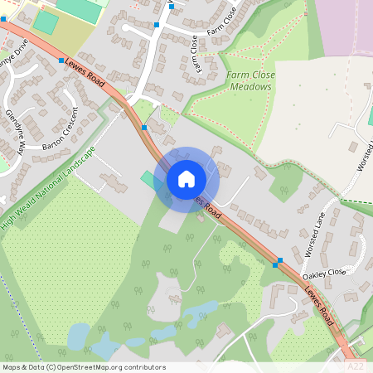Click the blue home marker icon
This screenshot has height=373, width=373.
(x=186, y=178)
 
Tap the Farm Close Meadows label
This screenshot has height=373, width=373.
(x=251, y=80)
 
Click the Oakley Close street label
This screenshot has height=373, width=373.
(x=323, y=273)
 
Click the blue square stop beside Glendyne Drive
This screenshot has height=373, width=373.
(x=61, y=61)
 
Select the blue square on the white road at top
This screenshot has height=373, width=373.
(x=156, y=26)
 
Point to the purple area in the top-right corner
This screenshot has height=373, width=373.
(x=344, y=25)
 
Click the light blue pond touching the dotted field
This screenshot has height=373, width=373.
(x=79, y=336)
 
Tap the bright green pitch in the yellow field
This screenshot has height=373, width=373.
(x=45, y=22)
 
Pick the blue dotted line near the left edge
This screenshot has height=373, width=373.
(x=21, y=307)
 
